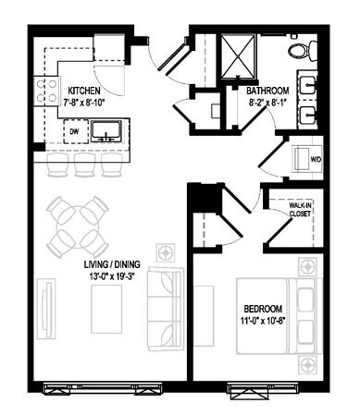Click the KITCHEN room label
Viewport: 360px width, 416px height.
(84, 91)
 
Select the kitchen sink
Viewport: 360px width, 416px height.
(106, 131)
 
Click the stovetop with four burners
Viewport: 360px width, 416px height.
(46, 92)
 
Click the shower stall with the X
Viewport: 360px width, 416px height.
(239, 55)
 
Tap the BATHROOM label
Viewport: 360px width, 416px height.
(267, 91)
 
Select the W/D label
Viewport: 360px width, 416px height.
(316, 160)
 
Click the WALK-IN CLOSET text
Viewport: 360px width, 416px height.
(300, 210)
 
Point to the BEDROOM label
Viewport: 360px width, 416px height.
(263, 309)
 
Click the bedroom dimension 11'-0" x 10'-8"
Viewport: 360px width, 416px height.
(262, 321)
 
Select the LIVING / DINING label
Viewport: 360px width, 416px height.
(112, 264)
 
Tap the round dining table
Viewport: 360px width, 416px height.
(78, 226)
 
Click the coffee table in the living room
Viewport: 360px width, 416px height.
(106, 309)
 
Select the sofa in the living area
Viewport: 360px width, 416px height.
(165, 309)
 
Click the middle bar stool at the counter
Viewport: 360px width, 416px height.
(85, 165)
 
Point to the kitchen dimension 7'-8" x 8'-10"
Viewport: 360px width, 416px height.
(84, 103)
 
